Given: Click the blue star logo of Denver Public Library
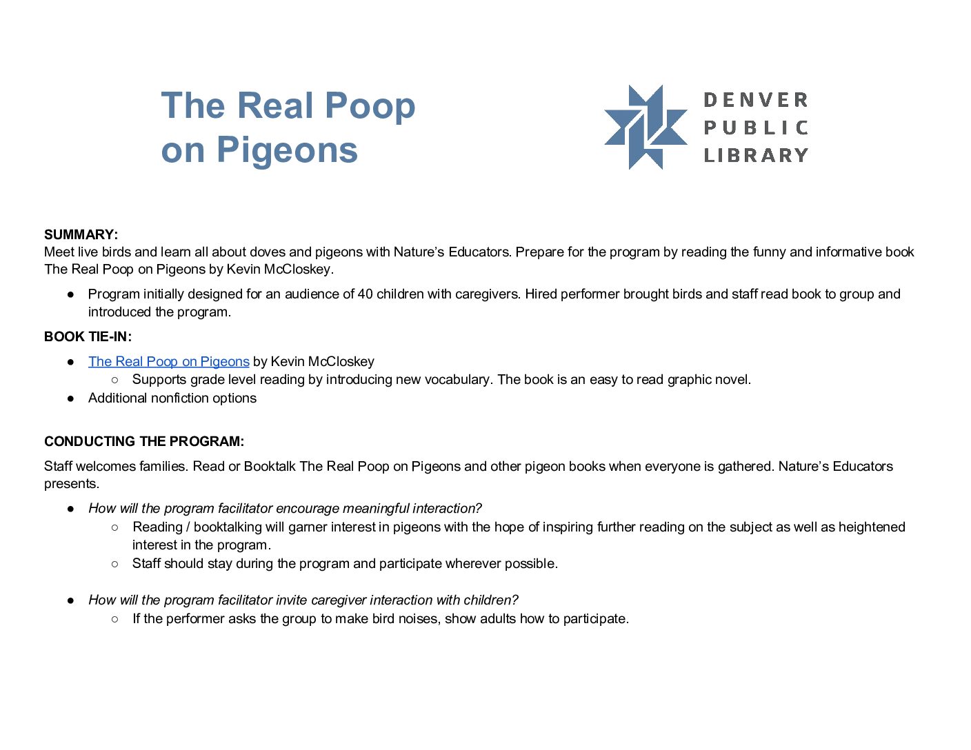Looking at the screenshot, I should pyautogui.click(x=645, y=128).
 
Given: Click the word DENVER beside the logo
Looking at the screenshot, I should pyautogui.click(x=756, y=100).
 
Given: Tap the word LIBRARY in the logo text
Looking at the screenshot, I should pyautogui.click(x=756, y=155).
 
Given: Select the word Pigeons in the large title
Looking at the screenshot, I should pyautogui.click(x=288, y=150).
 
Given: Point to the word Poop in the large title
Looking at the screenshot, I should pyautogui.click(x=370, y=105).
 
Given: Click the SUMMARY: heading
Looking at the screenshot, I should pyautogui.click(x=81, y=234).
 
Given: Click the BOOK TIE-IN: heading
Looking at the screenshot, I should pyautogui.click(x=88, y=336).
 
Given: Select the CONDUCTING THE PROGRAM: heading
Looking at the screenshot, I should pyautogui.click(x=144, y=441).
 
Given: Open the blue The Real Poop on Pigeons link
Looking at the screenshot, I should pyautogui.click(x=168, y=361).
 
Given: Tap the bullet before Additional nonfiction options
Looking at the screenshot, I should pyautogui.click(x=70, y=398).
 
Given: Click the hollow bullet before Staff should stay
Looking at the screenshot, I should pyautogui.click(x=114, y=563).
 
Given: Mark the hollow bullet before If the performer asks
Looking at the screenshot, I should pyautogui.click(x=114, y=618).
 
